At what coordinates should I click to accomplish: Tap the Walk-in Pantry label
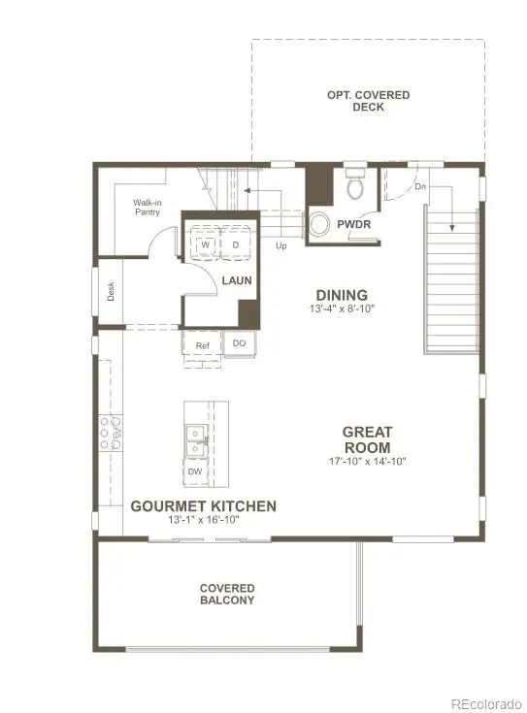(x=148, y=208)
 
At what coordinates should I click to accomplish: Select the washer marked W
(x=206, y=245)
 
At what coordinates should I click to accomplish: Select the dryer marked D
(x=235, y=245)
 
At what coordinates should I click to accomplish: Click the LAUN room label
(x=237, y=280)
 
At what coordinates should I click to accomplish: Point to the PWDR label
(x=354, y=224)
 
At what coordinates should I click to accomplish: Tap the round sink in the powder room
(x=319, y=225)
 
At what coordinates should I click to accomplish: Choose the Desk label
(x=111, y=291)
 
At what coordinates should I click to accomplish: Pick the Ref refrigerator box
(x=202, y=345)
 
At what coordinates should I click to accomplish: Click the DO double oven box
(x=239, y=343)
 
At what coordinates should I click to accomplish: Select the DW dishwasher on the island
(x=194, y=471)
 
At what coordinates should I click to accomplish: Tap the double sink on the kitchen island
(x=195, y=440)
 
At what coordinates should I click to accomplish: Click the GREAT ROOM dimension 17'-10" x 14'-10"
(x=366, y=462)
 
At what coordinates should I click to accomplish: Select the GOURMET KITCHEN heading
(x=204, y=506)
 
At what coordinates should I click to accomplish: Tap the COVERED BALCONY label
(x=227, y=594)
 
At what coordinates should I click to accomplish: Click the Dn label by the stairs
(x=419, y=186)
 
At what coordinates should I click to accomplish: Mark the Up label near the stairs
(x=282, y=246)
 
